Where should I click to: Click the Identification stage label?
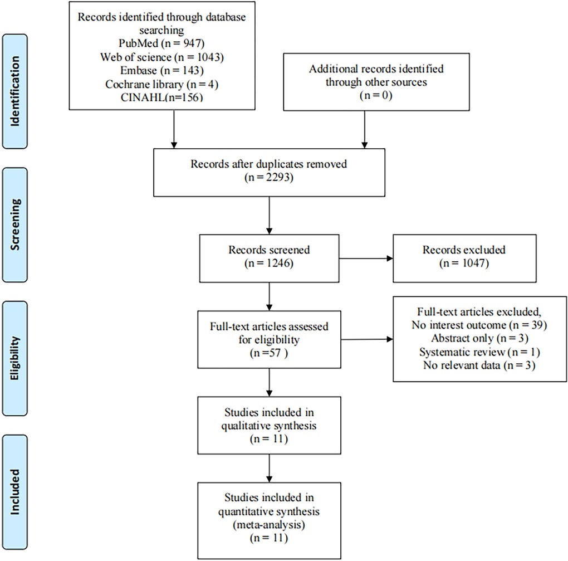point(15,91)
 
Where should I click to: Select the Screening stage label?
point(15,225)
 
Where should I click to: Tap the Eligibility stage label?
point(15,358)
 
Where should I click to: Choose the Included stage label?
point(15,492)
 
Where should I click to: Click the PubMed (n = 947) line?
point(161,43)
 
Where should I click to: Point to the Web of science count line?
point(162,57)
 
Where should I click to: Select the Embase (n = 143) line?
point(162,70)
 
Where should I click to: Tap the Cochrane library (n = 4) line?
point(162,84)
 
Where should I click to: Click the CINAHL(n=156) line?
point(162,97)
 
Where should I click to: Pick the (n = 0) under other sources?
point(376,95)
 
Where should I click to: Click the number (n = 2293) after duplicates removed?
point(269,177)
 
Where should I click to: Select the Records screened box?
point(269,258)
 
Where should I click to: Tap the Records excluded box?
point(464,258)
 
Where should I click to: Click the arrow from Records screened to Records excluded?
point(366,258)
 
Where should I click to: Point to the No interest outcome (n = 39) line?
point(479,325)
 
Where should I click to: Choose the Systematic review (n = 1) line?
point(479,352)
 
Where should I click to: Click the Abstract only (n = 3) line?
point(479,338)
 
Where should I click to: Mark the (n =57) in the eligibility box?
point(269,353)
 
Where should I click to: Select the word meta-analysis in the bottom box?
point(269,525)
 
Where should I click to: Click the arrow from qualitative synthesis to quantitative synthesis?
point(269,468)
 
